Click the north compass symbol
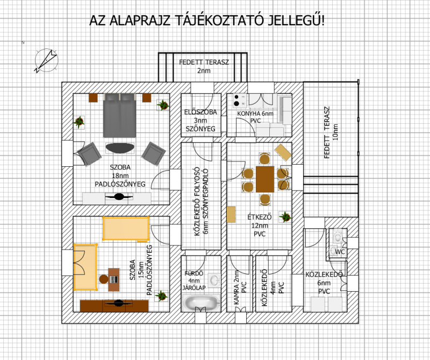click(46, 60)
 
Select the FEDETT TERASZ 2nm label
click(204, 66)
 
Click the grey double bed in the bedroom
click(119, 115)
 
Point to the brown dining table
click(265, 179)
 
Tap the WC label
click(340, 252)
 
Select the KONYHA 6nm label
click(255, 114)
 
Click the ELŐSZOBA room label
click(200, 112)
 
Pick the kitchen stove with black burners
click(240, 100)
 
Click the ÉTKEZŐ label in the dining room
click(260, 217)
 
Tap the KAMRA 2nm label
click(236, 287)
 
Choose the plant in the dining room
click(285, 217)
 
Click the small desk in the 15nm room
click(114, 279)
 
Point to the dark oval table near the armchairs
click(120, 148)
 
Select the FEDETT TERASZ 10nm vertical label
click(331, 132)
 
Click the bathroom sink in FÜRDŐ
click(214, 280)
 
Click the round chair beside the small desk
click(104, 279)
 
